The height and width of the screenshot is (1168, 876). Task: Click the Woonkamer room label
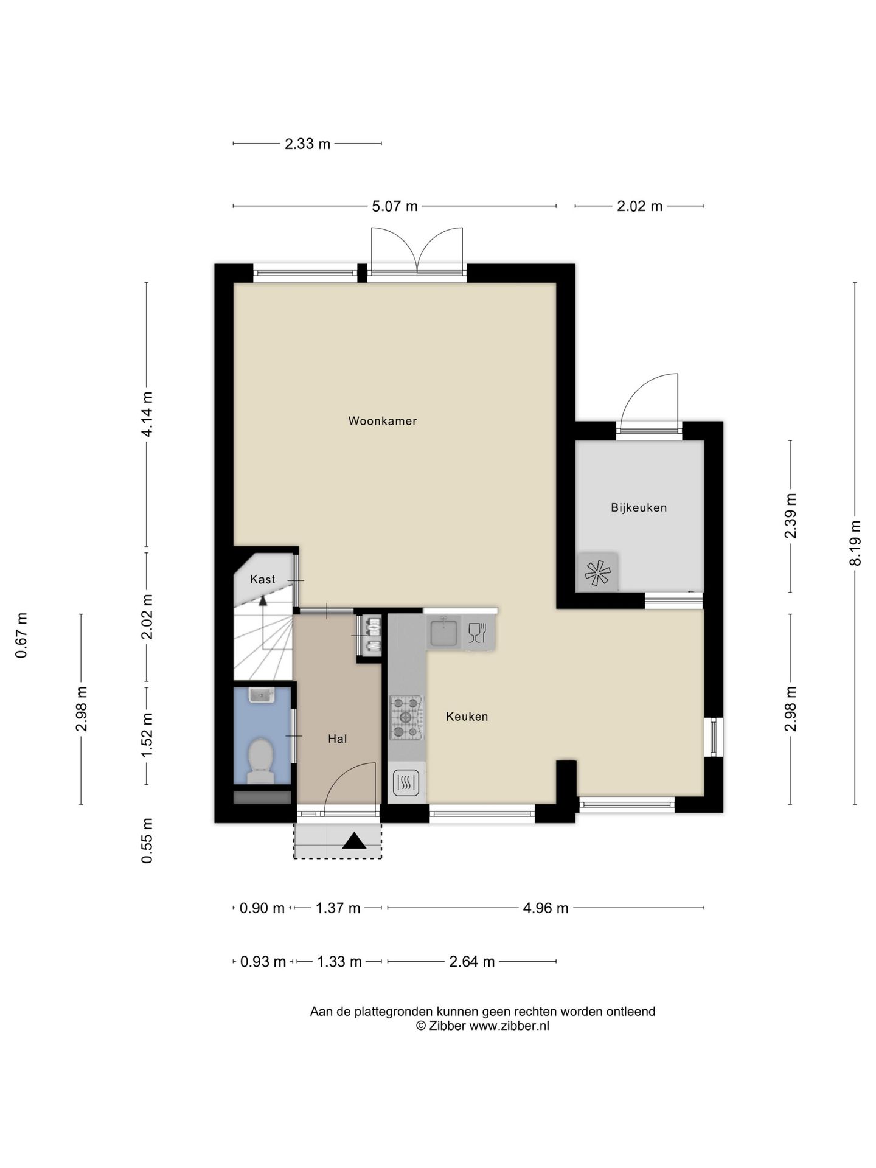pos(382,421)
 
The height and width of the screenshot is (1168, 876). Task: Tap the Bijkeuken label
pos(639,507)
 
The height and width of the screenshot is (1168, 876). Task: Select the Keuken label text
pos(467,717)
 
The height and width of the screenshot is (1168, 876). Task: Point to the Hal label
pos(337,739)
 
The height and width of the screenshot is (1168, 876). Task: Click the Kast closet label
pos(263,579)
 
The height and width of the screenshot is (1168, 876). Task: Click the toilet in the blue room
pos(260,760)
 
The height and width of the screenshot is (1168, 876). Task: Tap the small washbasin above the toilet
pos(262,695)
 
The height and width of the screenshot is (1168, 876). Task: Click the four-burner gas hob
pos(406,718)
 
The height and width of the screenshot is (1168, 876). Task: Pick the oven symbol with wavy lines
pos(406,783)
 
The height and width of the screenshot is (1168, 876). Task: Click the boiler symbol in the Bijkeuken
pos(597,572)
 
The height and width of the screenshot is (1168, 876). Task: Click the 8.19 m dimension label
pos(855,543)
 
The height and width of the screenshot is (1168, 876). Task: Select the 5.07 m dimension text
pos(395,206)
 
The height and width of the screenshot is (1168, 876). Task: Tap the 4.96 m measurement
pos(546,908)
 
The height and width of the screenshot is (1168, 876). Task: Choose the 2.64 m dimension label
pos(471,962)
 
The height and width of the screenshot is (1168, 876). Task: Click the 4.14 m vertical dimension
pos(147,414)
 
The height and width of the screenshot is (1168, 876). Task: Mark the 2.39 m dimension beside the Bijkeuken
pos(791,516)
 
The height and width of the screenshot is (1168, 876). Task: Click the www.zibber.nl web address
pos(509,1026)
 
